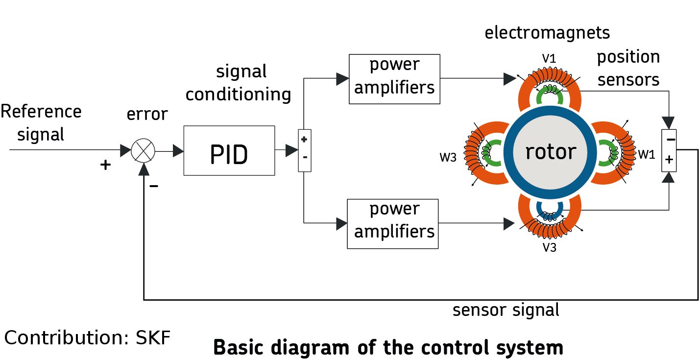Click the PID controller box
(x=229, y=150)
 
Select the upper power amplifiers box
(x=394, y=79)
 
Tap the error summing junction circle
(x=143, y=151)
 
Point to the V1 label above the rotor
(x=549, y=59)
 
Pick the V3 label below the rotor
(x=549, y=247)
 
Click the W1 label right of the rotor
(x=646, y=155)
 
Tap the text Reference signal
(x=41, y=122)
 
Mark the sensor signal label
(x=506, y=310)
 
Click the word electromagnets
(x=547, y=33)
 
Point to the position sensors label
(x=628, y=68)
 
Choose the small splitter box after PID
(x=304, y=150)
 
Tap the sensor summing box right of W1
(x=669, y=150)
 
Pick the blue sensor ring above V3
(x=550, y=209)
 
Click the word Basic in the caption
(x=239, y=347)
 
